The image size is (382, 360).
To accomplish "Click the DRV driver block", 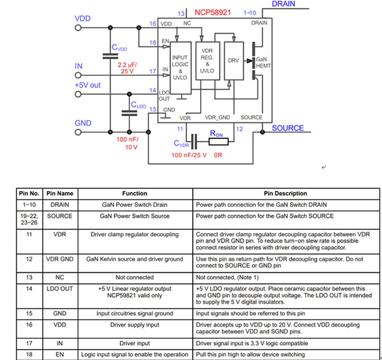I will point(233,60).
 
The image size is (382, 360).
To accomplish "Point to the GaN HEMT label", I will point(262,63).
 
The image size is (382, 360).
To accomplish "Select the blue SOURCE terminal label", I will point(287,128).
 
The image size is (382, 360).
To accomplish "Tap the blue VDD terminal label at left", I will point(83,19).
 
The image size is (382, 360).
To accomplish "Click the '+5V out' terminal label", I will point(88,85).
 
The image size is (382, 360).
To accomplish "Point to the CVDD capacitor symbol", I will point(108,56).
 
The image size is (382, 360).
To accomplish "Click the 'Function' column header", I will point(135,194).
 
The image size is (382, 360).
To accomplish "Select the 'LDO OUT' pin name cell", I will point(60,289).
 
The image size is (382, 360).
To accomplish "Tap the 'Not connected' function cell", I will point(135,277).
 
